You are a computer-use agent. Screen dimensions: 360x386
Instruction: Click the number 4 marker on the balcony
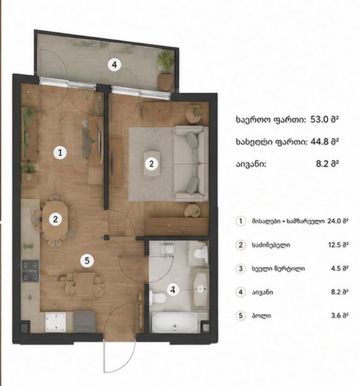coord(114,65)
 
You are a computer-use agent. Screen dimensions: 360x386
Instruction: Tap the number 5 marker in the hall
coord(87,260)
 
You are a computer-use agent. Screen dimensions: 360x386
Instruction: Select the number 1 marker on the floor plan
coord(60,153)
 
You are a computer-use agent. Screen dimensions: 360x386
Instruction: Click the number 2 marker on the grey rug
coord(151,163)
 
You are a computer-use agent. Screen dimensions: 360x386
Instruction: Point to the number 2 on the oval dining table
coord(55,219)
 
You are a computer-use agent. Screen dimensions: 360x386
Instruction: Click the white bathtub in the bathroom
coord(175,322)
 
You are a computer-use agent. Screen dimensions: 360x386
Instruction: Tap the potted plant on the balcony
coord(165,71)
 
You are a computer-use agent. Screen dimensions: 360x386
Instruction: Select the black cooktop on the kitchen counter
coord(30,271)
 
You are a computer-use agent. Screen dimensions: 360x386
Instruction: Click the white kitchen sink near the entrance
coord(56,322)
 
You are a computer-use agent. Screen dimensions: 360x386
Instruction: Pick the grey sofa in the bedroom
coord(191,163)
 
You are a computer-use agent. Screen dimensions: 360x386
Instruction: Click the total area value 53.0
coord(319,120)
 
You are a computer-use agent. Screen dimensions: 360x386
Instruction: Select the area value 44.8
coord(319,142)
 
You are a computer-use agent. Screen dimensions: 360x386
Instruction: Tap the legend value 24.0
coord(334,221)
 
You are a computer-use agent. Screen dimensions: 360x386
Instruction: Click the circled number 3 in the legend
coord(241,269)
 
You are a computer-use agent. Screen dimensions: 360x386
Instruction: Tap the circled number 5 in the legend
coord(241,316)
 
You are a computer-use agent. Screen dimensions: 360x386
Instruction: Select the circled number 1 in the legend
coord(241,221)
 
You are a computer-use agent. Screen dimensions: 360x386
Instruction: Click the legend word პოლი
coord(261,316)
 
